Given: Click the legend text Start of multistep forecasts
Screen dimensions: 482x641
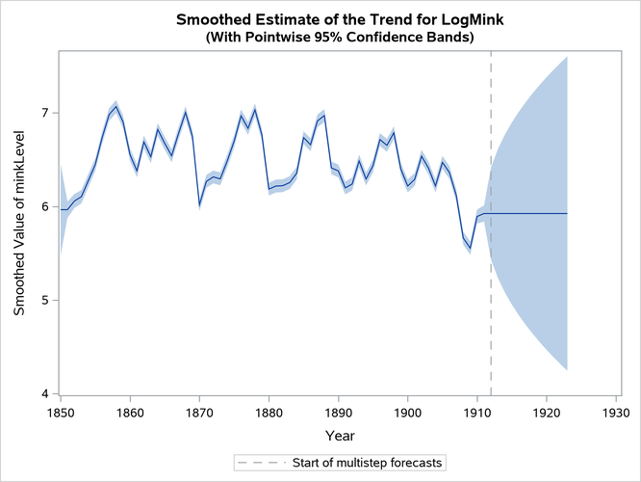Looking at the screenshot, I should (368, 463).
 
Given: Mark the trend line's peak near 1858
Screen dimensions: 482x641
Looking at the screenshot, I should (116, 106).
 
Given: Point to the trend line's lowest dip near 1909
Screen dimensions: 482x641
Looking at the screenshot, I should (470, 248).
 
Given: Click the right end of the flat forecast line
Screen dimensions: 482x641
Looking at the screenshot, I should (567, 213).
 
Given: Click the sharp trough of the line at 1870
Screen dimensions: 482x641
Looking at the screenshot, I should (199, 203).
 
